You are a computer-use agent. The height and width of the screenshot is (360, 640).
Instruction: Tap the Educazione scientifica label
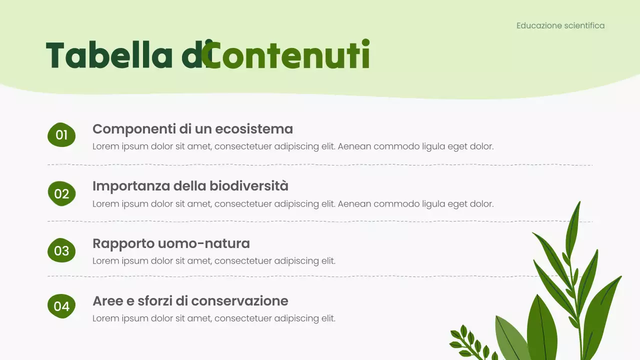(560, 25)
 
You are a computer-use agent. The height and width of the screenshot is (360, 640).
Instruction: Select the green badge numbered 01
(61, 135)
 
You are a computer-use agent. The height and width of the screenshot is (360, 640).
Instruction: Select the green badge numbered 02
(61, 193)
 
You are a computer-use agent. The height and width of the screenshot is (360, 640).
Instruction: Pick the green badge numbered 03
(61, 250)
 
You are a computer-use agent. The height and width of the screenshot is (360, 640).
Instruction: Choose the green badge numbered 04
(61, 306)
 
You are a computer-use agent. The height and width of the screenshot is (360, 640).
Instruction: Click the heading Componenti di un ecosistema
(192, 129)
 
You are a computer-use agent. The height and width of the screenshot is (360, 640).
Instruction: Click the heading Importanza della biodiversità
(190, 186)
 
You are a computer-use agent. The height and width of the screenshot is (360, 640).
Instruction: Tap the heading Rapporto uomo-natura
(171, 243)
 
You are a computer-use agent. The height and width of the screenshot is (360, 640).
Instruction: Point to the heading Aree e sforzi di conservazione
(190, 301)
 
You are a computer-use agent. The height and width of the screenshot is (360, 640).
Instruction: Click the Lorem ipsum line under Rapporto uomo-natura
(214, 261)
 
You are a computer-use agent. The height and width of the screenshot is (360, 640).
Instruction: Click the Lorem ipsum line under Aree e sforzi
(214, 318)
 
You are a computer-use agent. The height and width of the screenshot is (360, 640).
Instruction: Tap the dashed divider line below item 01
(320, 164)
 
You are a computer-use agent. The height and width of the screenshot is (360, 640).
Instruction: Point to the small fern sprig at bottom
(470, 342)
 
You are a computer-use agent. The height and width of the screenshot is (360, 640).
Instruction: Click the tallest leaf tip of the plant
(579, 203)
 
